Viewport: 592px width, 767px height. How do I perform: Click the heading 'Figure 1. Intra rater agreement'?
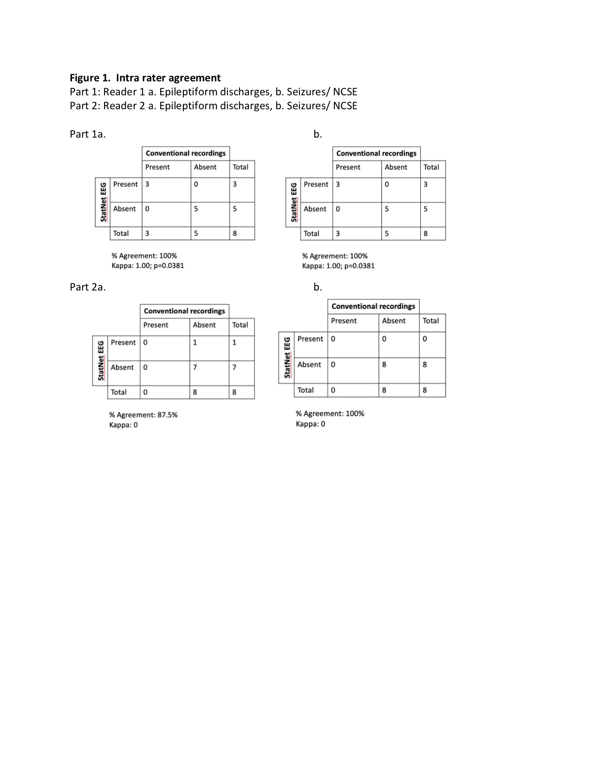click(145, 78)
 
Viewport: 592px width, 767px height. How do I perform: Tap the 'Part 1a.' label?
click(88, 134)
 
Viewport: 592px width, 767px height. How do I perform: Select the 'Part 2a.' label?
click(88, 287)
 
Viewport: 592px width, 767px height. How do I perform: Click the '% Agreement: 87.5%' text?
click(143, 415)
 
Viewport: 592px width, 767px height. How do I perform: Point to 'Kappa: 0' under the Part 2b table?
click(310, 424)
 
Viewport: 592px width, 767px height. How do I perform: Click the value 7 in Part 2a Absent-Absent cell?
click(195, 367)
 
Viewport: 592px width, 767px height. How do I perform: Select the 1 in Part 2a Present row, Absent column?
click(195, 343)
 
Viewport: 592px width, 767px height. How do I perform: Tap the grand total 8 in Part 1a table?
click(234, 233)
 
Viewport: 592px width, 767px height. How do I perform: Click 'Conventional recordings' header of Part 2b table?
click(373, 306)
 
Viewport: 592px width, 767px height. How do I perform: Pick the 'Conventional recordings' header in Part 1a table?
click(185, 153)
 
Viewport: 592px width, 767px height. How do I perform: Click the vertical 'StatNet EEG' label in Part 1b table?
click(293, 202)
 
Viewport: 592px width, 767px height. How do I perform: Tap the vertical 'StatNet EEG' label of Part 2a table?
click(100, 361)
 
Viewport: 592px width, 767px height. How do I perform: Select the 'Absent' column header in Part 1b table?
click(396, 167)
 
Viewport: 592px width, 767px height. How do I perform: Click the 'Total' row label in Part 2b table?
click(306, 390)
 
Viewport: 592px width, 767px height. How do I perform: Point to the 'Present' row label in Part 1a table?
click(125, 184)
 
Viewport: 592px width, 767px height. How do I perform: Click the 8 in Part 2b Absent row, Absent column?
click(384, 364)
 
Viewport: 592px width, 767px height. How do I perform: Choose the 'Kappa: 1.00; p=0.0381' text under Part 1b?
click(338, 266)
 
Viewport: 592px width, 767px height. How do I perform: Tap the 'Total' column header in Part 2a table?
click(240, 325)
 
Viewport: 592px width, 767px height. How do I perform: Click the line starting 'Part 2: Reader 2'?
click(214, 106)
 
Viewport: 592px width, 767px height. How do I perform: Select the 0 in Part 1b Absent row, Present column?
click(338, 209)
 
